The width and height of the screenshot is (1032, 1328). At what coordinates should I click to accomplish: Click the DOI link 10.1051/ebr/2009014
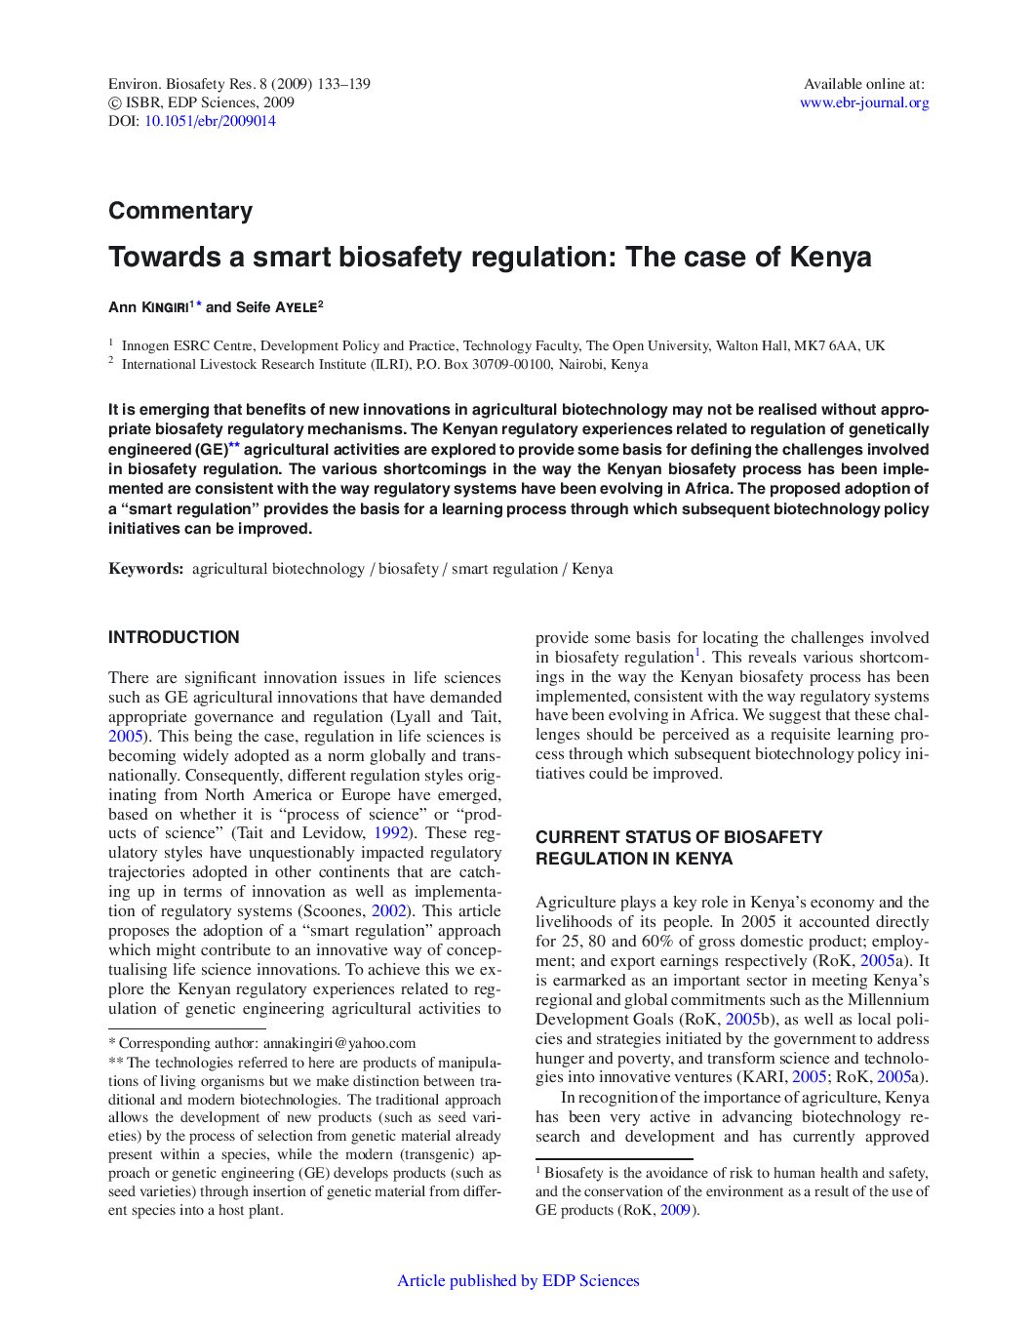coord(210,121)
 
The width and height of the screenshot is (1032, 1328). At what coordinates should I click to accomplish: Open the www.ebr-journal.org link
coord(864,102)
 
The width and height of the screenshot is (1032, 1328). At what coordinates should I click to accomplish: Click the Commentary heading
coord(180,211)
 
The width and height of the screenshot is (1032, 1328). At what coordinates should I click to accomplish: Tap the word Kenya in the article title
coord(830,258)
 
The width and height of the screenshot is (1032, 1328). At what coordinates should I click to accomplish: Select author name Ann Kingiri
coord(148,307)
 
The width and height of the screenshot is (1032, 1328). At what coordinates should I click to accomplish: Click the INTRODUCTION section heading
coord(174,637)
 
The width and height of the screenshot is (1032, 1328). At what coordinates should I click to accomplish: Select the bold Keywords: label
coord(146,569)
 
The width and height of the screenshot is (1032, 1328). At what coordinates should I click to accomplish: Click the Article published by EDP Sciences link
coord(518,1281)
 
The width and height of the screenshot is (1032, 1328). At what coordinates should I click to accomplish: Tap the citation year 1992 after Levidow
coord(390,833)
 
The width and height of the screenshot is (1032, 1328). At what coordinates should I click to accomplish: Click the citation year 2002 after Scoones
coord(388,911)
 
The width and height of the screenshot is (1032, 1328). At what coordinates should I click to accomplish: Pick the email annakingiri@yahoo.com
coord(339,1043)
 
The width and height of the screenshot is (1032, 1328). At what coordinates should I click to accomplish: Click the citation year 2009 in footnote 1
coord(676,1210)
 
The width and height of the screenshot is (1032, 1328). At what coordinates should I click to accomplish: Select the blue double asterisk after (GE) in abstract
coord(234,447)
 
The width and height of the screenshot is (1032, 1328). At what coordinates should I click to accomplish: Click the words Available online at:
coord(863,84)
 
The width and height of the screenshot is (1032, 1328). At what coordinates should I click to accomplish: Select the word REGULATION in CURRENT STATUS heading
coord(583,859)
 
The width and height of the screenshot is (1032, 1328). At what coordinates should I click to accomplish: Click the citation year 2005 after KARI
coord(809,1077)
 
